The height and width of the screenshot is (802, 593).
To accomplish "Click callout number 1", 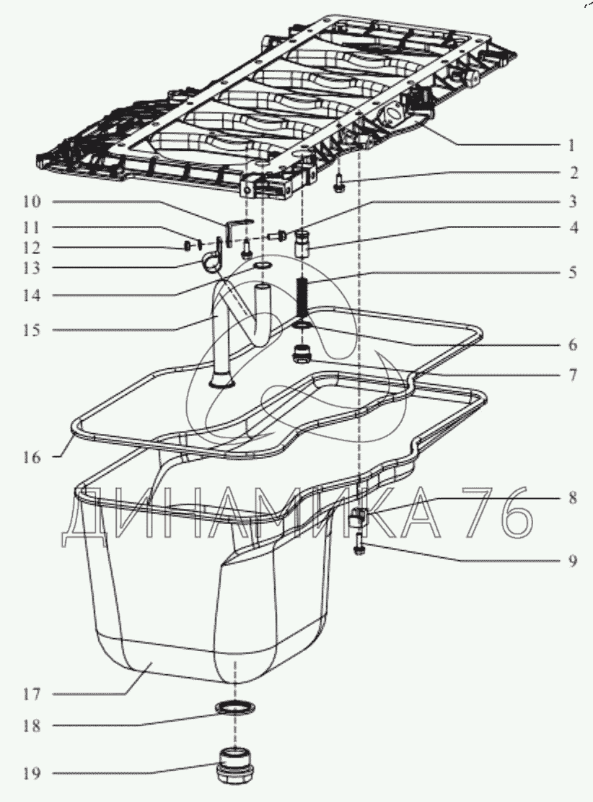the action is point(571,146).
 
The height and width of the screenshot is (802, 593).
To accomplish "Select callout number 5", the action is point(573,272).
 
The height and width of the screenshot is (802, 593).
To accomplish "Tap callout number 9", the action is point(573,561).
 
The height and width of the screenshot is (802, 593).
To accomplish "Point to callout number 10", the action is point(31,201).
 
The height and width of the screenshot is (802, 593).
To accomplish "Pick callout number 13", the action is point(31,268).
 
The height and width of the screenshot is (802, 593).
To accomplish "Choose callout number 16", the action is point(31,457).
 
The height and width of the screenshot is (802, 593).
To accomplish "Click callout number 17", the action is point(31,694).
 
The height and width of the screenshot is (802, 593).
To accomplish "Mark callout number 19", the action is point(31,773).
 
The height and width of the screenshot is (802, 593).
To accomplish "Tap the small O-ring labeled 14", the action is point(263,266).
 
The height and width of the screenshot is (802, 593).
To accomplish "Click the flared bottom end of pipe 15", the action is point(222,380).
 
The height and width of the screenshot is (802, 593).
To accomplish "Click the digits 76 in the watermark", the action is point(498,513).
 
